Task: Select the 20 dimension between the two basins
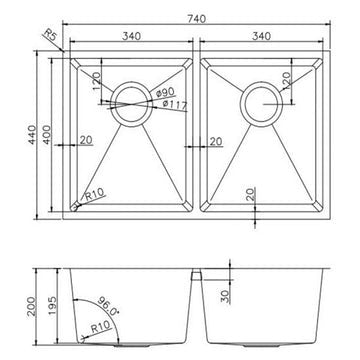[x=217, y=142]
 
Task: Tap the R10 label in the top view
[x=97, y=199]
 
